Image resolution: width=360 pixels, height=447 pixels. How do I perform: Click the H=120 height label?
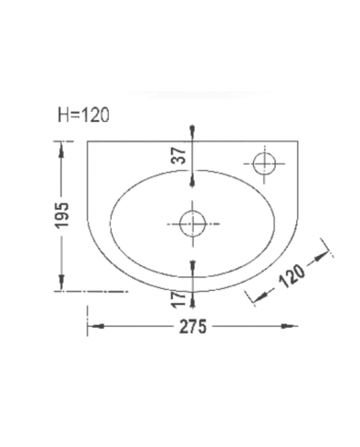pyautogui.click(x=83, y=115)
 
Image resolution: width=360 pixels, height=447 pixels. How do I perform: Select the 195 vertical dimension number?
pyautogui.click(x=62, y=214)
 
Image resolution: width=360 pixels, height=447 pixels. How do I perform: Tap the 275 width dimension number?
pyautogui.click(x=193, y=327)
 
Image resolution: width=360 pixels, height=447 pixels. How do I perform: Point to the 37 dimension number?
pyautogui.click(x=179, y=155)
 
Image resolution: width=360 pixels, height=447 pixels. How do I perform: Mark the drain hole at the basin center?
pyautogui.click(x=192, y=223)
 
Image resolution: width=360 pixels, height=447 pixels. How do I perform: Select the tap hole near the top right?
pyautogui.click(x=264, y=163)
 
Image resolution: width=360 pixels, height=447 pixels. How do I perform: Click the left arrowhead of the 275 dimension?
pyautogui.click(x=93, y=326)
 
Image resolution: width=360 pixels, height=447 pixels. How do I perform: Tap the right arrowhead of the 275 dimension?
pyautogui.click(x=293, y=326)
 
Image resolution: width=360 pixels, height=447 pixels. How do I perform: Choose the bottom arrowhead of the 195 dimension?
pyautogui.click(x=62, y=285)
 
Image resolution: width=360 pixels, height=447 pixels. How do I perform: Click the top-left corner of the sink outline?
pyautogui.click(x=88, y=142)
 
